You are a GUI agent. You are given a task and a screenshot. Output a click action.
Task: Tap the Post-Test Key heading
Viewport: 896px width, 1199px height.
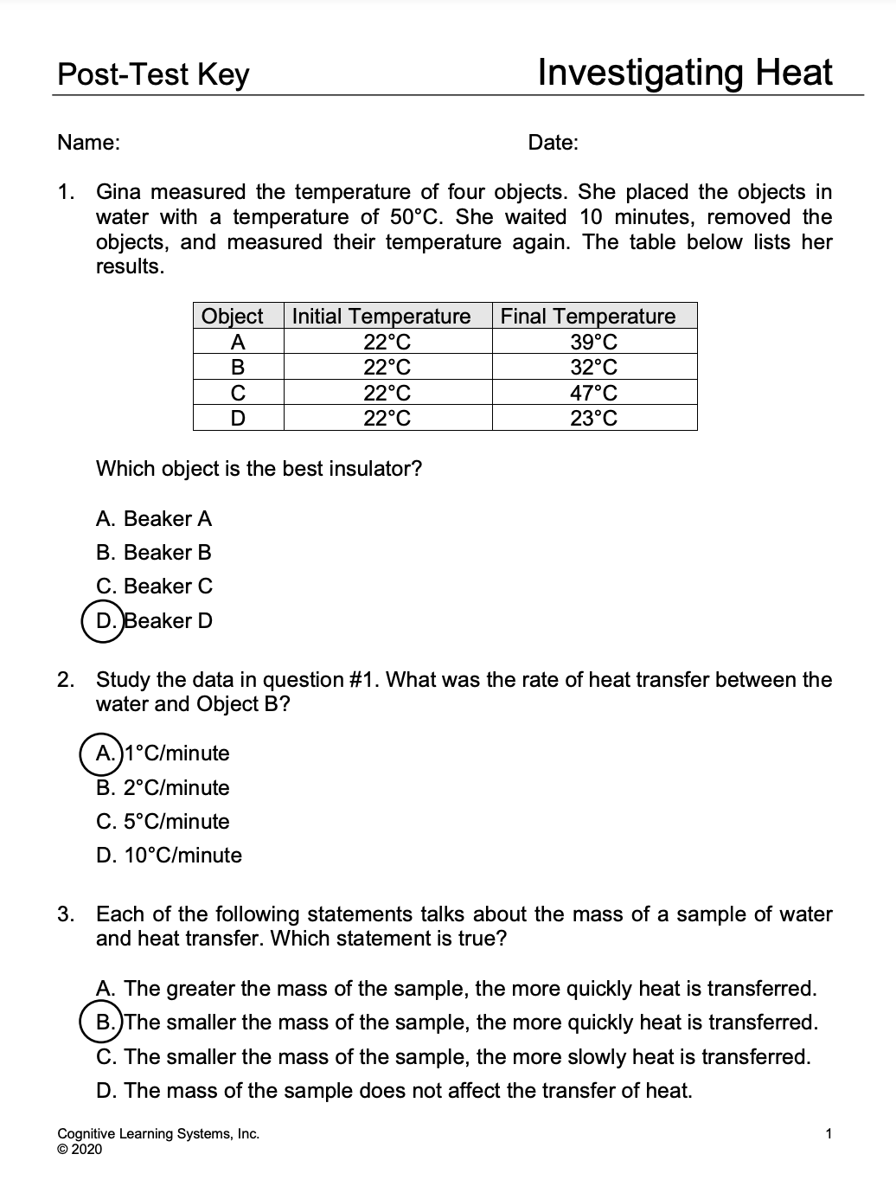coord(153,74)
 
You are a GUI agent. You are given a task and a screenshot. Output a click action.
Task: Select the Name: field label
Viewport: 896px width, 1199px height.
coord(88,143)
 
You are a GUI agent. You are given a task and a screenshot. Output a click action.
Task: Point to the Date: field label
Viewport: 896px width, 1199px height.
coord(553,143)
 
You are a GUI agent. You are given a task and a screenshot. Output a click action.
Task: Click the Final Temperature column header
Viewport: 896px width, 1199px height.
coord(588,316)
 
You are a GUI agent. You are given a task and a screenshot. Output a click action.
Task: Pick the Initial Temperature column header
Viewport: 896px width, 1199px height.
coord(381,316)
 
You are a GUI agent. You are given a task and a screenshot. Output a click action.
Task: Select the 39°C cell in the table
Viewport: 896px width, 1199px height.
coord(594,342)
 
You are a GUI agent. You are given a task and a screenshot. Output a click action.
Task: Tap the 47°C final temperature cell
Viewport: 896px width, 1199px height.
coord(594,393)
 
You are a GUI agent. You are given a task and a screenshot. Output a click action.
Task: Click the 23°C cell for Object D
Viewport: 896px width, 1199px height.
coord(594,419)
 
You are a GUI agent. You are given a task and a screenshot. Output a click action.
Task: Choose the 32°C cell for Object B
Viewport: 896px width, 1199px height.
coord(594,367)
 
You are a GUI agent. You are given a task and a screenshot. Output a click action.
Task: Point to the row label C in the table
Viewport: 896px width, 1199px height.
coord(237,393)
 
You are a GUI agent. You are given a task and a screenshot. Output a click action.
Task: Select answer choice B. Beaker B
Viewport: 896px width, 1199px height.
coord(154,553)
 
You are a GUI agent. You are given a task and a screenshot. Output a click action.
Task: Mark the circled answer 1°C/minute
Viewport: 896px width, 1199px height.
coord(163,753)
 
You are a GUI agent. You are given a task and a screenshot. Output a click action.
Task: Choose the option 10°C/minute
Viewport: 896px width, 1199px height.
coord(170,856)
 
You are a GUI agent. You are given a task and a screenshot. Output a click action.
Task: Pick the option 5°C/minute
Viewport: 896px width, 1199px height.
coord(163,822)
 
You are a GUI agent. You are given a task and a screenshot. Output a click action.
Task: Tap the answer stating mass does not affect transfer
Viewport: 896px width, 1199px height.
coord(394,1090)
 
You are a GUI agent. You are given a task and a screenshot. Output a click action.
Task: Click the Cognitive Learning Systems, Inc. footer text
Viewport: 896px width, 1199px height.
coord(158,1134)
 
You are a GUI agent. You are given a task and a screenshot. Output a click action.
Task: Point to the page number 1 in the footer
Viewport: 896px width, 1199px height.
coord(829,1133)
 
